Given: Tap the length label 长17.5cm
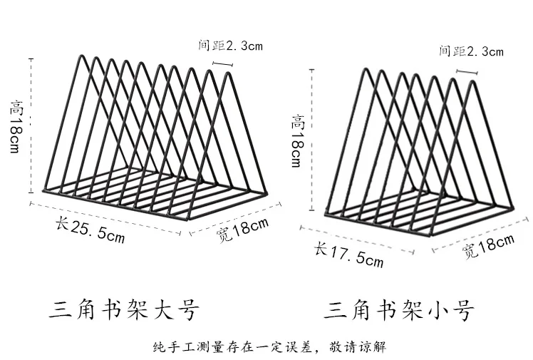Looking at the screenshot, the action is (349, 254).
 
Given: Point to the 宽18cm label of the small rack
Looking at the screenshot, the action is (488, 246).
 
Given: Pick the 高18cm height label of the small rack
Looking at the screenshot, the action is (297, 141).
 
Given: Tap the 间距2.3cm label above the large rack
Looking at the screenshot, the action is (230, 46).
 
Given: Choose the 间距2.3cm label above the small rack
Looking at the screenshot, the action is (471, 51).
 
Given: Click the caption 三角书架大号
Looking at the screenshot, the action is (124, 310).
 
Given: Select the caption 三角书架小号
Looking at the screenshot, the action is (399, 310).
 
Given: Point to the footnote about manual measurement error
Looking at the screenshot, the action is (269, 347).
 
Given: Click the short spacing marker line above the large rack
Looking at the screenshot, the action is (222, 65).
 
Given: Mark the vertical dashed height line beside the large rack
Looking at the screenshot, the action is (31, 125).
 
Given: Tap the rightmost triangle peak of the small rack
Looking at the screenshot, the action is (475, 83).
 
